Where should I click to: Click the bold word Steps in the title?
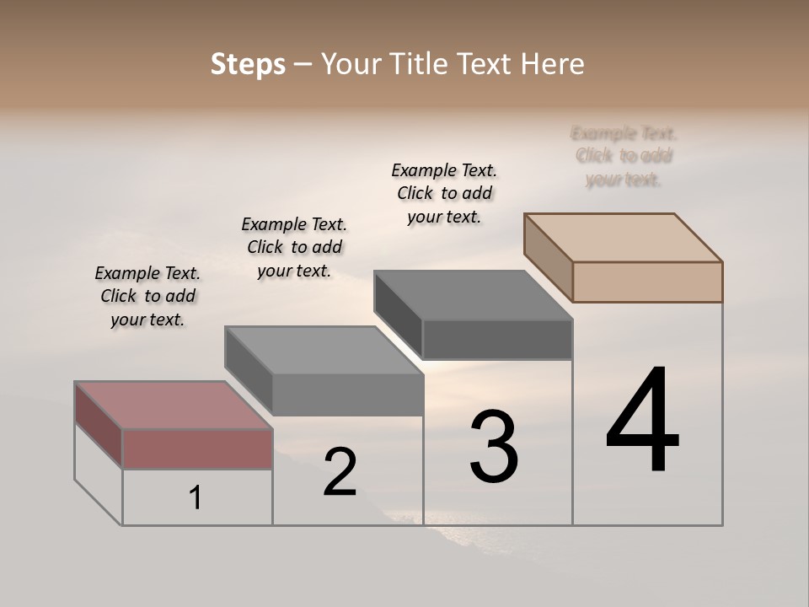click(x=248, y=64)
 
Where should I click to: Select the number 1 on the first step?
click(x=196, y=498)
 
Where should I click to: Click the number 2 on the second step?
click(x=340, y=473)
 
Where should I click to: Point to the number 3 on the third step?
click(x=494, y=446)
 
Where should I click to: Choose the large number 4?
click(x=642, y=421)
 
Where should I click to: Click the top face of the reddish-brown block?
click(x=173, y=406)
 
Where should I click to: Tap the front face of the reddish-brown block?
click(x=197, y=449)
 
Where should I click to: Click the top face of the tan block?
click(x=623, y=237)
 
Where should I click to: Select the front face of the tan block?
click(x=647, y=282)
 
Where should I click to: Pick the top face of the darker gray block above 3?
click(x=473, y=294)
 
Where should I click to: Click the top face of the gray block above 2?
click(x=324, y=350)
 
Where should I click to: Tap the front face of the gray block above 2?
click(x=347, y=395)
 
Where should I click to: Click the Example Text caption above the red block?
click(x=147, y=296)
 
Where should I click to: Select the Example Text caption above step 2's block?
click(x=294, y=247)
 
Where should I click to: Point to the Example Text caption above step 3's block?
click(x=444, y=193)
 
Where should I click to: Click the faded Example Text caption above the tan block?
click(x=624, y=156)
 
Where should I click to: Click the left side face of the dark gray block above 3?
click(x=398, y=314)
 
